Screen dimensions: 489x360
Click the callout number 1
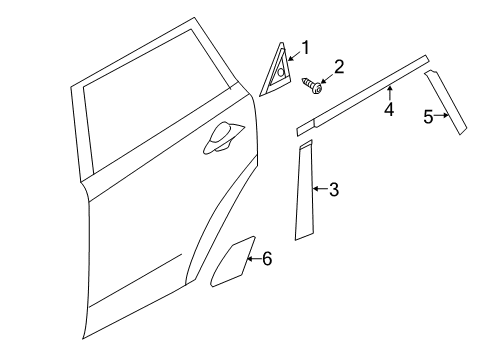point(306,46)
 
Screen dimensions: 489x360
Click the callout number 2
point(339,67)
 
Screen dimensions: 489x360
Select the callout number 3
point(334,188)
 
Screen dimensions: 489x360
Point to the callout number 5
point(427,117)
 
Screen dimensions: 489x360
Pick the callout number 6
point(266,259)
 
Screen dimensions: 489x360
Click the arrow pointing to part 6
point(254,260)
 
